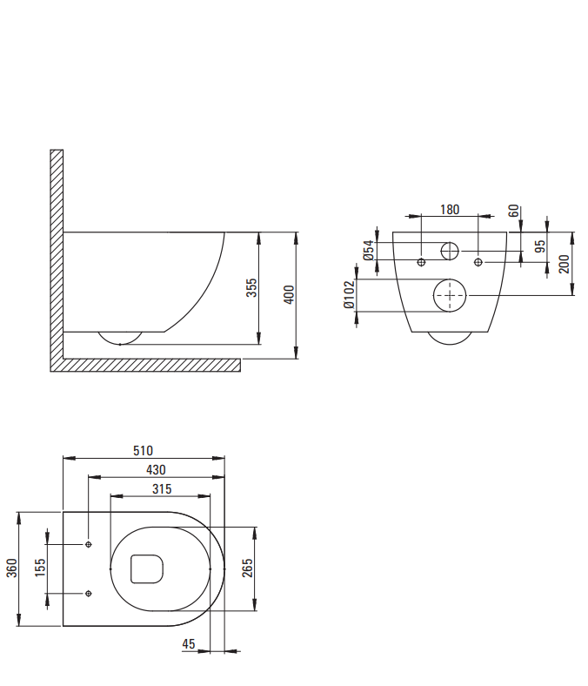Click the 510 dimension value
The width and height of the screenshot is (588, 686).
tap(143, 451)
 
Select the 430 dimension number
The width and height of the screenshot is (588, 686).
tap(156, 470)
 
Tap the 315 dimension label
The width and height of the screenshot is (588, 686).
tap(162, 489)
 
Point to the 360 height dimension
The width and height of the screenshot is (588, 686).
tap(12, 568)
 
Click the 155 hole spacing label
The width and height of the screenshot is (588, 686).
tap(40, 568)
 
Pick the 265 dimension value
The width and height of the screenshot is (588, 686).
tap(247, 568)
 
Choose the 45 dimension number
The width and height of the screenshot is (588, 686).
tap(189, 644)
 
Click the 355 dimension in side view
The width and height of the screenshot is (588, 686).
tap(251, 288)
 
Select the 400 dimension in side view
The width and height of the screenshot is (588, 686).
tap(289, 295)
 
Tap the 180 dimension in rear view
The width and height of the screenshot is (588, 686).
tap(450, 210)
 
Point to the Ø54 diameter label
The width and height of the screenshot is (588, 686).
tap(369, 250)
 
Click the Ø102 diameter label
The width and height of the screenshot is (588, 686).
tap(350, 295)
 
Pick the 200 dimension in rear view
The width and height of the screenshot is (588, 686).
tap(564, 264)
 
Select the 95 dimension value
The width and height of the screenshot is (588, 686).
tap(540, 245)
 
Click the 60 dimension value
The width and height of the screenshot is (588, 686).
tap(514, 211)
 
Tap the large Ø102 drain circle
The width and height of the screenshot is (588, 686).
tap(450, 295)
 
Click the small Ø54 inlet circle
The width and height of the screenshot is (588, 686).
tap(450, 251)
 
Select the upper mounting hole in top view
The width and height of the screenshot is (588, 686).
tap(89, 544)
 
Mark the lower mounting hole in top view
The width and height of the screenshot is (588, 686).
tap(89, 593)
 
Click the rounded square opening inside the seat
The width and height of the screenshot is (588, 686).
tap(147, 568)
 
